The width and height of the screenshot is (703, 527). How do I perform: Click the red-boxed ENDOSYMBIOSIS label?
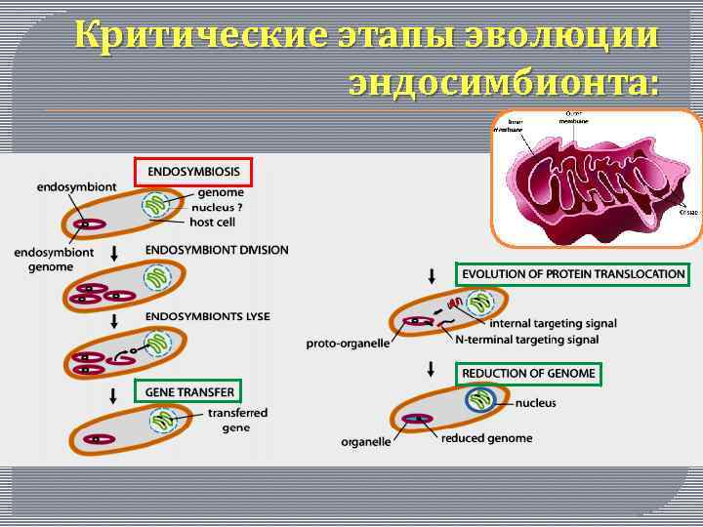tap(193, 172)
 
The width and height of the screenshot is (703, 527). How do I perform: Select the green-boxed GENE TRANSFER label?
tap(190, 392)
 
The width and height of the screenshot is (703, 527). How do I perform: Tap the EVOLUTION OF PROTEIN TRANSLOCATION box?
tap(573, 274)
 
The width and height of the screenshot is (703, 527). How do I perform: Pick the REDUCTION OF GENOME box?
tap(528, 373)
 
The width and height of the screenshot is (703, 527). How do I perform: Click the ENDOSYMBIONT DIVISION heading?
tap(217, 250)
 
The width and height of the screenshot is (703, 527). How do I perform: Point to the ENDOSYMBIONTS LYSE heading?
tap(207, 316)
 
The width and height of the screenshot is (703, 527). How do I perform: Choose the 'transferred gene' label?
tap(236, 420)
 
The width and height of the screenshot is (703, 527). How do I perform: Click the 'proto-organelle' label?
tap(348, 343)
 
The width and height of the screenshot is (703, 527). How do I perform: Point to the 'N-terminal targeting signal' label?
tap(526, 340)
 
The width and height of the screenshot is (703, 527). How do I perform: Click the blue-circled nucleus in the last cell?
tap(480, 401)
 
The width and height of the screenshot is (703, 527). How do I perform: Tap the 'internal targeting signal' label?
tap(553, 324)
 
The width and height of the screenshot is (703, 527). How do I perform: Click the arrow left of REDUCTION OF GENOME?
tap(432, 370)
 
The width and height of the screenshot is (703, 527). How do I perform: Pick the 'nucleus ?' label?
tap(219, 207)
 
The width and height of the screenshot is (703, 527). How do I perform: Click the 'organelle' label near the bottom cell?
tap(366, 441)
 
